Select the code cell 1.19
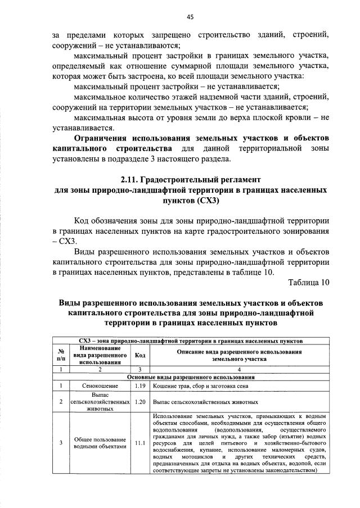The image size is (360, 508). [x=140, y=386]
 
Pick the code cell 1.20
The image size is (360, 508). [x=140, y=402]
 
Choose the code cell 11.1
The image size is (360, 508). [x=140, y=443]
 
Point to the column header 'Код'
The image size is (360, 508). [x=140, y=355]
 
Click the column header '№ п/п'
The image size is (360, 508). [x=60, y=355]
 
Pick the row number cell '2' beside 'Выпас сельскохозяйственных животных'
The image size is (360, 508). [x=60, y=402]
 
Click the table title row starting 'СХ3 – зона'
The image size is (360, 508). [x=191, y=341]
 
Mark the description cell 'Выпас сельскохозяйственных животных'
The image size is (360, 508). [x=205, y=402]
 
